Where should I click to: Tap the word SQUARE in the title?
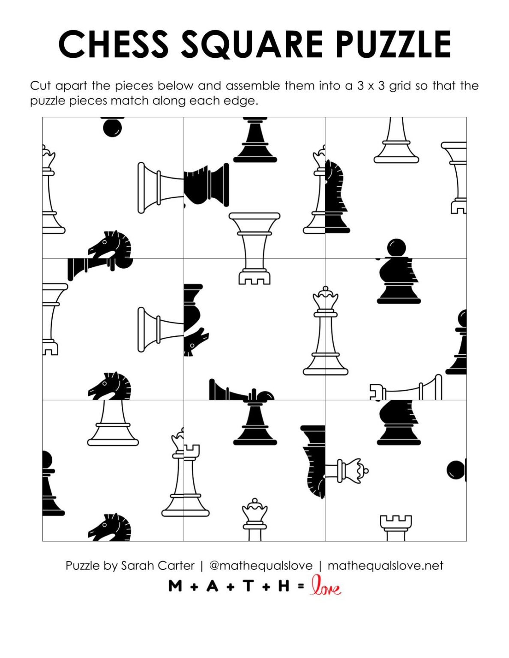coord(252,45)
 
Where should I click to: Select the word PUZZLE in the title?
coord(393,44)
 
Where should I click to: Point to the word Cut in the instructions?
coord(41,86)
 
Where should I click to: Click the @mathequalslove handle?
coord(260,565)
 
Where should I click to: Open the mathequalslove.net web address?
coord(385,565)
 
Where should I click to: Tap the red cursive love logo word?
coord(326,586)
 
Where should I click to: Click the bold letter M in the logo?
coord(175,586)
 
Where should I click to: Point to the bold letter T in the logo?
coord(248,586)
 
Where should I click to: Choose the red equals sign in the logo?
coord(301,586)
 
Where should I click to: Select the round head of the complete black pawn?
coord(396,248)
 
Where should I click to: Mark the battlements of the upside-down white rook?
coord(255,278)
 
